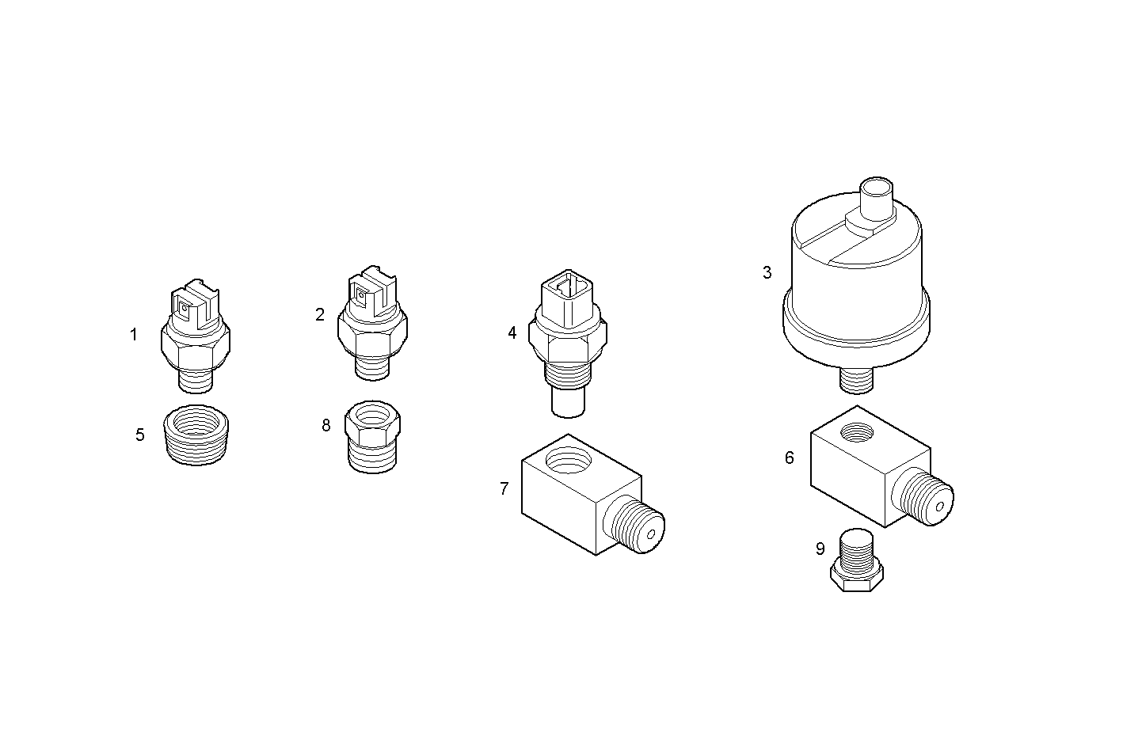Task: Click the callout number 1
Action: tap(134, 335)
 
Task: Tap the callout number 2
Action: tap(320, 314)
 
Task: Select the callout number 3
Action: tap(767, 273)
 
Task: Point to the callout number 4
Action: tap(512, 333)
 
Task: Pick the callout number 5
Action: tap(140, 435)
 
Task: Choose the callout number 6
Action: tap(789, 458)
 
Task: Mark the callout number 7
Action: tap(504, 488)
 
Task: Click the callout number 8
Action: tap(326, 425)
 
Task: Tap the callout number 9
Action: tap(820, 549)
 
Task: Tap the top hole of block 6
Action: tap(858, 432)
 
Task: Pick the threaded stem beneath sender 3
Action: tap(855, 380)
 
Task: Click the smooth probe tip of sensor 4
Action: tap(567, 404)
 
